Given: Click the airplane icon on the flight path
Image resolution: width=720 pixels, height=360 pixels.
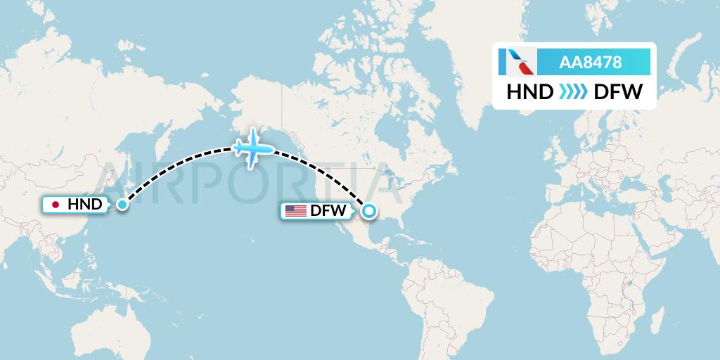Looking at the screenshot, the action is click(253, 148).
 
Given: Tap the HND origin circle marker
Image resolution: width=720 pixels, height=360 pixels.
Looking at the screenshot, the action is click(122, 205).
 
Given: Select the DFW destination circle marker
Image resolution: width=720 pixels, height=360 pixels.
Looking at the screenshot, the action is click(368, 210).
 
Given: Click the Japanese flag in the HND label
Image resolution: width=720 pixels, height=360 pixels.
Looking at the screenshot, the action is click(56, 205).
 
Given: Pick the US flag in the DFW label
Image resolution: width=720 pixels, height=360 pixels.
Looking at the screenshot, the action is click(296, 210).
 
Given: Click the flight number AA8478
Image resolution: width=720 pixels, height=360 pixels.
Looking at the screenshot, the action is click(590, 63).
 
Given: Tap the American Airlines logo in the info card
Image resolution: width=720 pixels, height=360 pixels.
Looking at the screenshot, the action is click(517, 62).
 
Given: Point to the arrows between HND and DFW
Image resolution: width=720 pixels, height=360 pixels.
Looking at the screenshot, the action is click(574, 92).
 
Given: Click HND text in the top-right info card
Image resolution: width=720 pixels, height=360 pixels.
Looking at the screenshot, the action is click(529, 92).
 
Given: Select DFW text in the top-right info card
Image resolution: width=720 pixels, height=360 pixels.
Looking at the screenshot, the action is click(618, 92).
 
